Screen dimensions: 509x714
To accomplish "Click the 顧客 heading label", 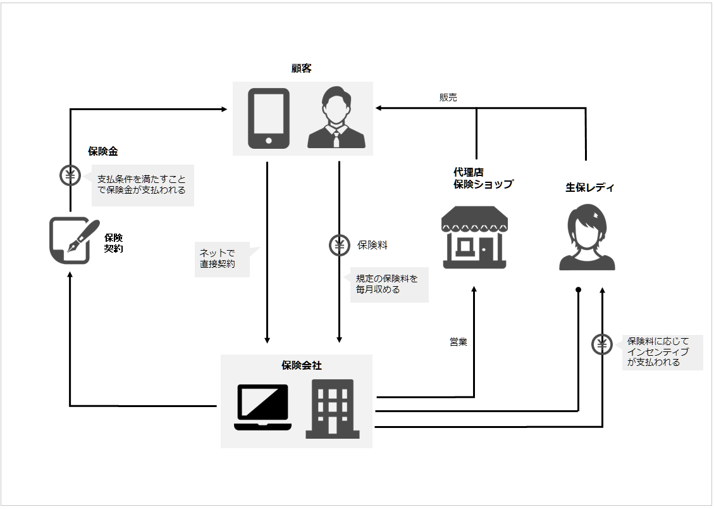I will point(302,68).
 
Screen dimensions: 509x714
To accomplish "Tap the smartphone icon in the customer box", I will point(268,118).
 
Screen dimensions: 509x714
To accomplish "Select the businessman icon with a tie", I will point(336,118).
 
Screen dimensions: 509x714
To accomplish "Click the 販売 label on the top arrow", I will point(448,97).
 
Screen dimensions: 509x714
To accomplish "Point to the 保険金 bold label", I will point(103,152).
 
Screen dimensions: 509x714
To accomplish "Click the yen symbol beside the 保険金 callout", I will point(70,175).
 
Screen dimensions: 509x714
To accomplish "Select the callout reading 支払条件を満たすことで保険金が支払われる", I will point(142,185).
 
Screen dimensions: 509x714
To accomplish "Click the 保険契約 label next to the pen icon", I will point(114,243).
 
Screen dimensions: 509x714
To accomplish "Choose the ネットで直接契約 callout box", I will point(221,258).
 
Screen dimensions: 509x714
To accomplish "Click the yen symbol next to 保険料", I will point(340,245).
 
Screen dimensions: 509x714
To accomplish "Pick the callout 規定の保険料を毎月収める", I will point(388,284).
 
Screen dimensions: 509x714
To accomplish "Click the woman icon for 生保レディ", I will point(587,238).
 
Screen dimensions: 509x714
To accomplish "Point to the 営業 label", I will point(458,342).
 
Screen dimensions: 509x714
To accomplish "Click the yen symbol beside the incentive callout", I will point(601,344).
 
